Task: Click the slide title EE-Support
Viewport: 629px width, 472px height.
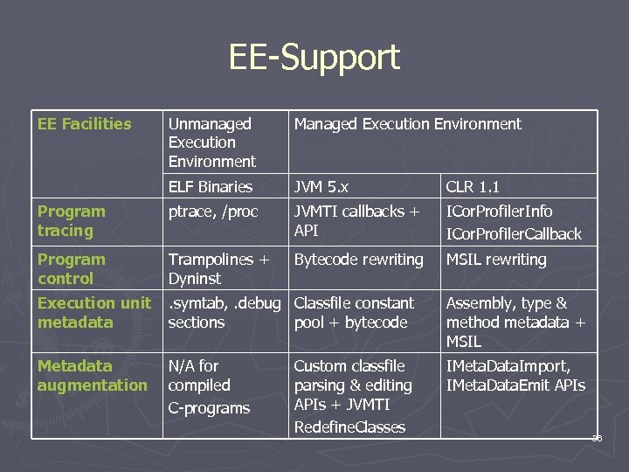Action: click(314, 58)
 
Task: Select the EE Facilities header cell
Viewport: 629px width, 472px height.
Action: click(84, 124)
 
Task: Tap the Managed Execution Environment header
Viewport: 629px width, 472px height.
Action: click(407, 124)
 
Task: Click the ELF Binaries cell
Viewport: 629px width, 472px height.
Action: click(210, 187)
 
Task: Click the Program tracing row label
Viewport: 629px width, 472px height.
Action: click(71, 221)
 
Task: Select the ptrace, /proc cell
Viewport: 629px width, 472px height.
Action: click(213, 212)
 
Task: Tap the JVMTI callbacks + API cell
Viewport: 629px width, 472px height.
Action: click(356, 221)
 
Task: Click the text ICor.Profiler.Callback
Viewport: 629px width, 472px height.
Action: click(514, 234)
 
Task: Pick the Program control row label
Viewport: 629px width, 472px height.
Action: click(71, 269)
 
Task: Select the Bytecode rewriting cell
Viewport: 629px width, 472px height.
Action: click(358, 260)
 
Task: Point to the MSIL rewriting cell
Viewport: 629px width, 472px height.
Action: click(496, 260)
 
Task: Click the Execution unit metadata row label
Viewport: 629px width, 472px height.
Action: click(93, 313)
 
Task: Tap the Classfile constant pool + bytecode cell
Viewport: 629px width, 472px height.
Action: click(354, 313)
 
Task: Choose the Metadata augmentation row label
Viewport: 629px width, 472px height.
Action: click(92, 376)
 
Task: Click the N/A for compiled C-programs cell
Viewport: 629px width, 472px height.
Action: click(209, 386)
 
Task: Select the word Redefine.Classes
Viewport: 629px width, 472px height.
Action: click(349, 427)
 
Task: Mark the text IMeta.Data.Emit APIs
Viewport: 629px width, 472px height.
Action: click(515, 385)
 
